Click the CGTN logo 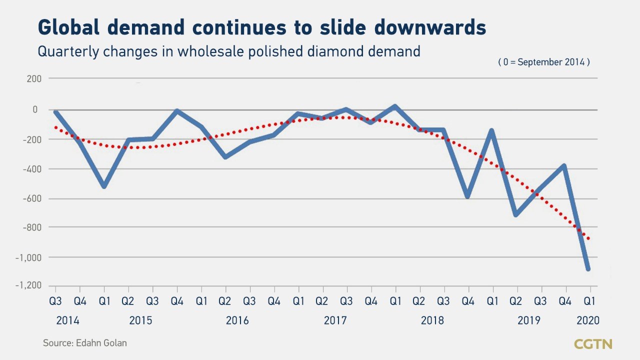(593, 344)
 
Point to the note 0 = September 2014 (543, 62)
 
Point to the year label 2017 (334, 320)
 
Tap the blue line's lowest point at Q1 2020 (588, 269)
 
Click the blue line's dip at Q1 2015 (104, 186)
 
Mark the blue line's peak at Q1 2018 (395, 106)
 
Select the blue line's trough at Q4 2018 (468, 196)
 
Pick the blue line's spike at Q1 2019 (492, 131)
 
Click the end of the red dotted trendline (589, 239)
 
